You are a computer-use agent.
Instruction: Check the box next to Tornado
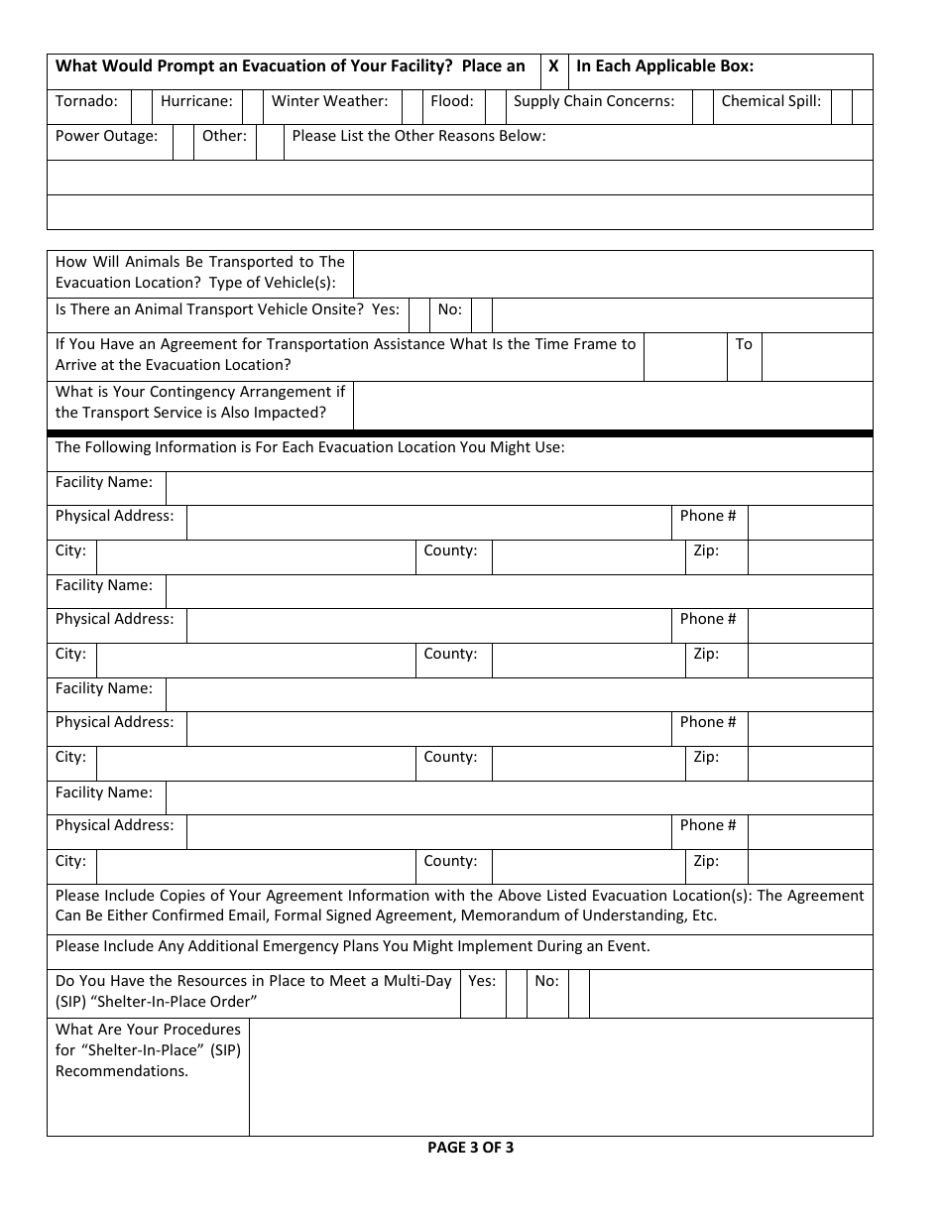(x=142, y=107)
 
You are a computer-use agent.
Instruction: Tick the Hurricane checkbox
(x=253, y=107)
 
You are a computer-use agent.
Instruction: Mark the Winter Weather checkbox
(x=412, y=107)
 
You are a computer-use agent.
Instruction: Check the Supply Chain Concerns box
(x=702, y=107)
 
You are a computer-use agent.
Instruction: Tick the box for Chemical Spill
(x=842, y=107)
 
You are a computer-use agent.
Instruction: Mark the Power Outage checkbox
(x=183, y=142)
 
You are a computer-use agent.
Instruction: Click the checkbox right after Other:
(x=270, y=142)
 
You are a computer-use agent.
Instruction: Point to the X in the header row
(x=554, y=66)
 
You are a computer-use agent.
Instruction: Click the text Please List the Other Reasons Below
(x=418, y=136)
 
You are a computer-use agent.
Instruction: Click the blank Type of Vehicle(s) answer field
(x=612, y=273)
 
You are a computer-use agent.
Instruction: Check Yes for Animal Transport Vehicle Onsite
(x=419, y=315)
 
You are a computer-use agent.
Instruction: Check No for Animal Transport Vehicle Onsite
(x=482, y=315)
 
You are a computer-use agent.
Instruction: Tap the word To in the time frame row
(x=744, y=344)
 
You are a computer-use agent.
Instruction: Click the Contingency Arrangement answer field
(x=612, y=406)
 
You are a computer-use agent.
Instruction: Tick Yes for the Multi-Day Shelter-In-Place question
(x=517, y=993)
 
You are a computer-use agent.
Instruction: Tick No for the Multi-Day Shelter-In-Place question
(x=579, y=993)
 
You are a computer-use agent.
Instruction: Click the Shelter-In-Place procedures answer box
(x=560, y=1076)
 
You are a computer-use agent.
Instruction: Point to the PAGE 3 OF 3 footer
(x=470, y=1148)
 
